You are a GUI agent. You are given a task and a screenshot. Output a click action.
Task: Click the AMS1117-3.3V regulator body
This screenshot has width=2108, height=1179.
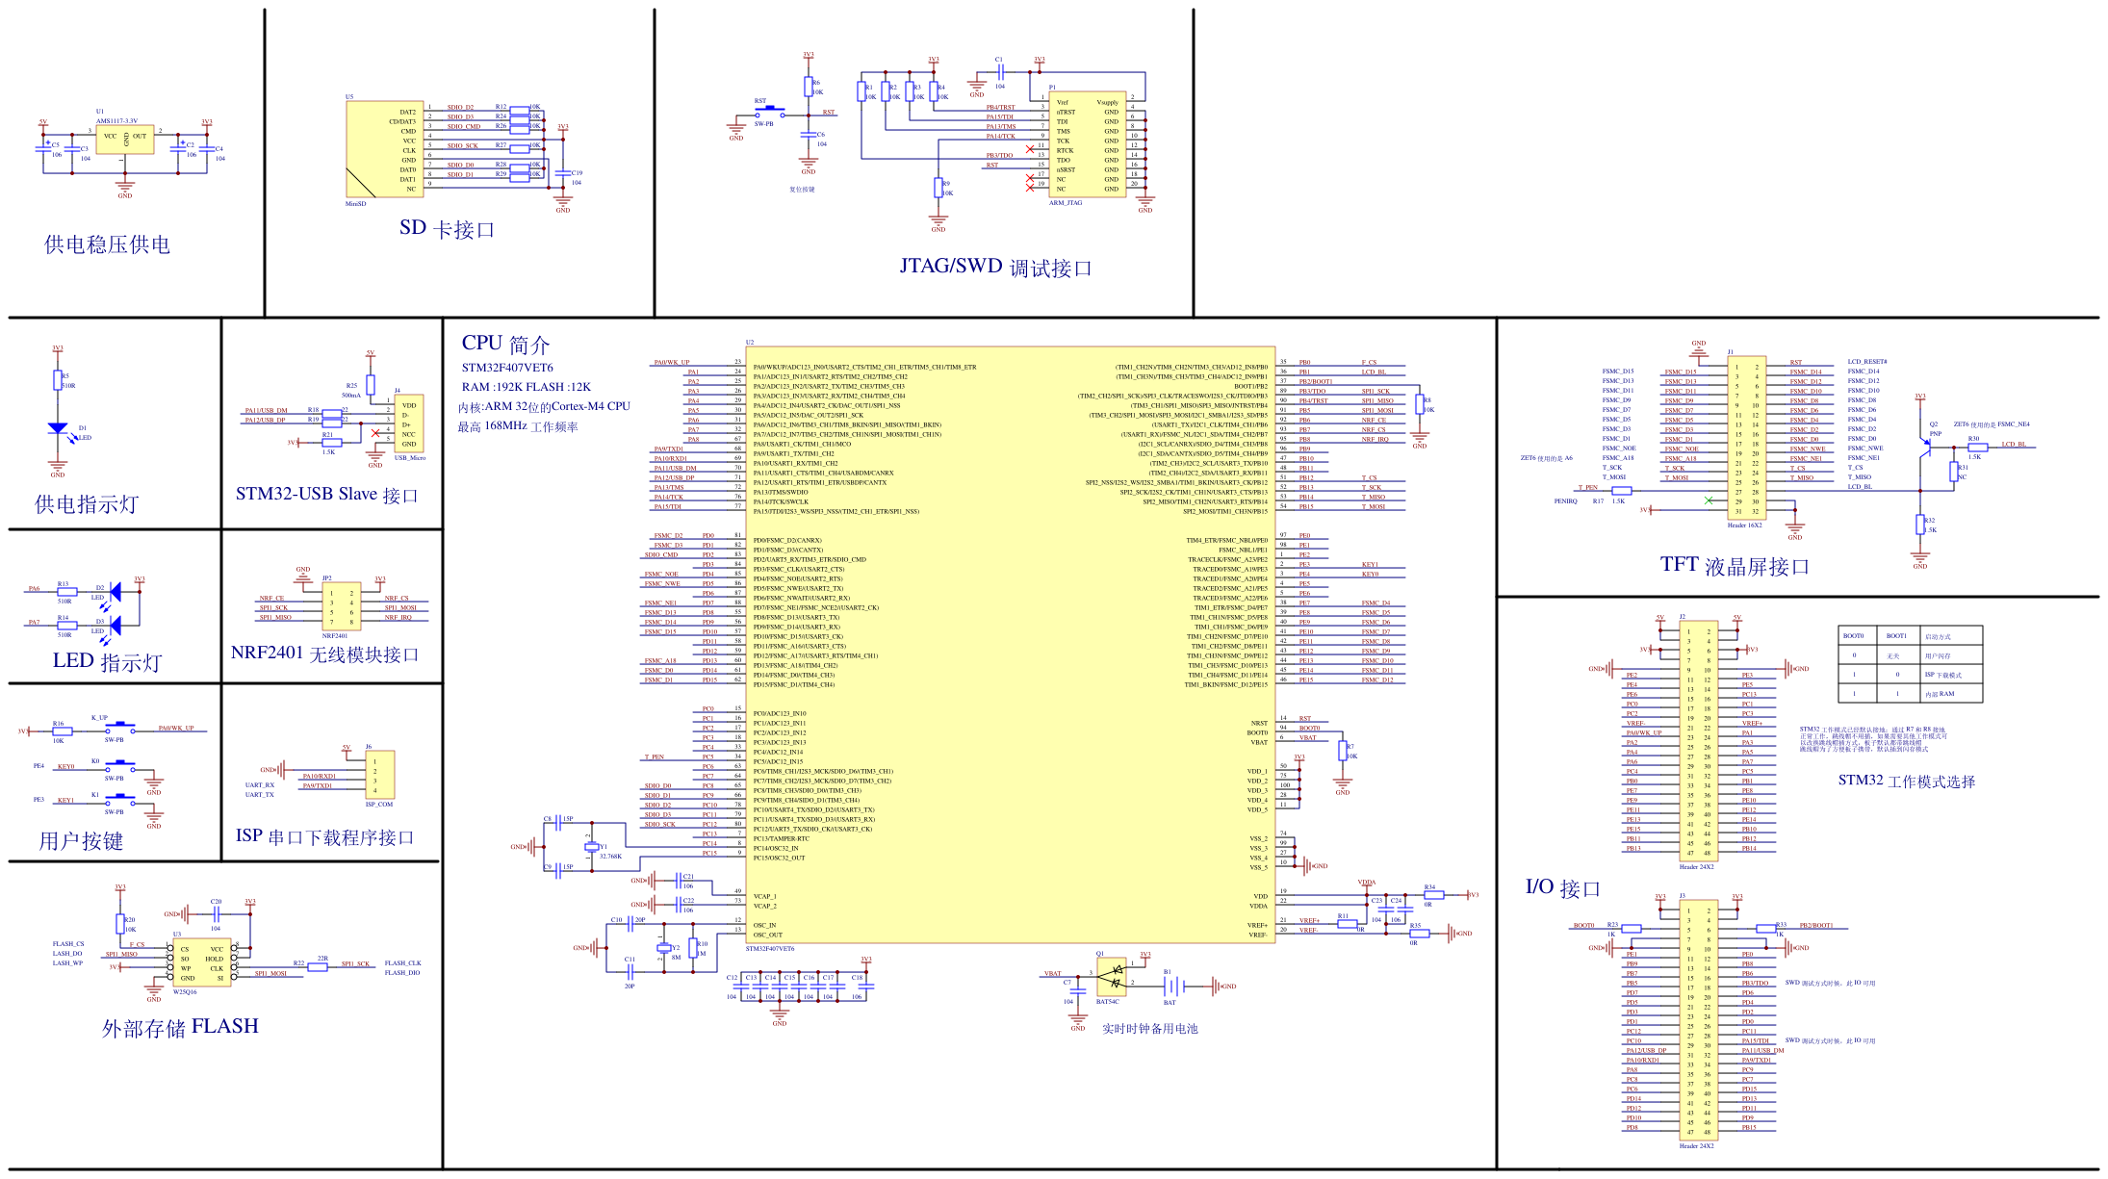click(124, 139)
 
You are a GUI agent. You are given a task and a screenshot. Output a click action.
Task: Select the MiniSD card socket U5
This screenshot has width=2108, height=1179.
click(385, 149)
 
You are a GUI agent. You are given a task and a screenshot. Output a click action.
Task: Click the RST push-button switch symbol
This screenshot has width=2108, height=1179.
click(768, 112)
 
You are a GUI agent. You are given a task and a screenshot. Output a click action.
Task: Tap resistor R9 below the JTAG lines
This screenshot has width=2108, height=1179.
click(938, 187)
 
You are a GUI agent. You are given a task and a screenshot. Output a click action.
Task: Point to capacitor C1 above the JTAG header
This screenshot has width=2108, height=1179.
click(1001, 72)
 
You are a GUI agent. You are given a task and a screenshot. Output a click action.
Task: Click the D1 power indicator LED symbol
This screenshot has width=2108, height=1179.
click(58, 428)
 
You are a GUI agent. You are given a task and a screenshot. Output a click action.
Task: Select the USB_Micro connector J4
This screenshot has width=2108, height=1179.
click(408, 423)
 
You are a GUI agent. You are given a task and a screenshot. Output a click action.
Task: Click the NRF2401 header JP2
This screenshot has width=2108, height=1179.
click(342, 606)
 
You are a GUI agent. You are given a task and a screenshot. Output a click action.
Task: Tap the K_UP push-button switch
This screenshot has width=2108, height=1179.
click(118, 729)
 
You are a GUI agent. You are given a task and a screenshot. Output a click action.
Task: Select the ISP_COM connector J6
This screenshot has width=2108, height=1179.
click(379, 775)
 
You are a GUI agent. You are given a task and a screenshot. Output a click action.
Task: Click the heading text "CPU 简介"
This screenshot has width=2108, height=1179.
click(505, 344)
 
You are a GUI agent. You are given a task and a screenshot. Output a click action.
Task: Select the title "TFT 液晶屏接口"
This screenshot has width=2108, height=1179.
click(1735, 566)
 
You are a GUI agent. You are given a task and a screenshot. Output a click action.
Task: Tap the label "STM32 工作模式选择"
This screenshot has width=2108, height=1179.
click(1906, 781)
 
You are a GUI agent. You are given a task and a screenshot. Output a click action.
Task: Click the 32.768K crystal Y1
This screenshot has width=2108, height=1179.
click(591, 846)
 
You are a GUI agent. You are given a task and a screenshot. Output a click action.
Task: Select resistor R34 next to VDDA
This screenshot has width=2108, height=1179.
click(1433, 895)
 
